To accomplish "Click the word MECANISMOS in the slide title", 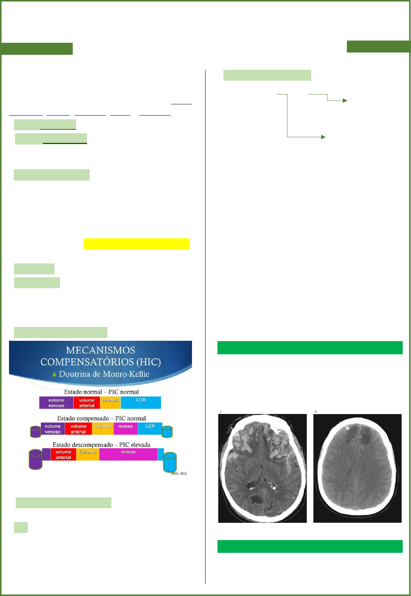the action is [x=100, y=350].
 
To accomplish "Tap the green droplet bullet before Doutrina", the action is [x=55, y=374].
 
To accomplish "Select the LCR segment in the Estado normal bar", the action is [x=141, y=402].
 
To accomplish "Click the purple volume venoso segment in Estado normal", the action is [x=56, y=403].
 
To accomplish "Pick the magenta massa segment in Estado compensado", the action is [x=125, y=429].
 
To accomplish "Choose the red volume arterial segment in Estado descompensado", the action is [x=63, y=455].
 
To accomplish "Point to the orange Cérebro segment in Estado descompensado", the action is [x=88, y=454].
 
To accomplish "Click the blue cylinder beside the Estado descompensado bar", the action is [x=170, y=462].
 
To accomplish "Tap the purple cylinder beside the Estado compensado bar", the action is [x=36, y=431].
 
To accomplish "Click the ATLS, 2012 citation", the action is [x=179, y=473].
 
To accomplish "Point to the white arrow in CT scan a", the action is [x=235, y=431].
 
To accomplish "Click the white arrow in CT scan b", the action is [x=346, y=427].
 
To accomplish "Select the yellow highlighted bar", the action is [x=136, y=244].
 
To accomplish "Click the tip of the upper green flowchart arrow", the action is [x=345, y=101].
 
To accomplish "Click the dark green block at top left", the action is [x=37, y=49].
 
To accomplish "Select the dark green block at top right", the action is [x=378, y=47].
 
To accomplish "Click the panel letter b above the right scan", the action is [x=316, y=412].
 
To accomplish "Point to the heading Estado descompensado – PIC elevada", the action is [x=101, y=445].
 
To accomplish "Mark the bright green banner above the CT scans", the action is [x=310, y=348].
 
